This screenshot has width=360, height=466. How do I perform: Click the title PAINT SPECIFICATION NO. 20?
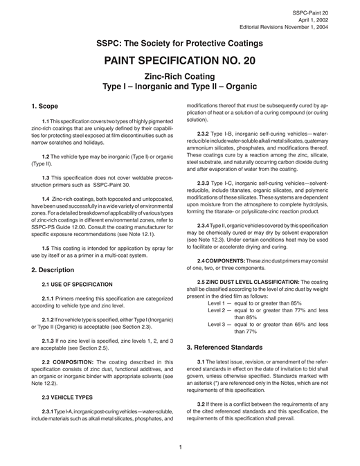pyautogui.click(x=180, y=60)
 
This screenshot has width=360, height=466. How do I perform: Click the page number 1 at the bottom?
pyautogui.click(x=180, y=447)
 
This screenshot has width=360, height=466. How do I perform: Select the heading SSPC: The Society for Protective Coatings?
pyautogui.click(x=180, y=42)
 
